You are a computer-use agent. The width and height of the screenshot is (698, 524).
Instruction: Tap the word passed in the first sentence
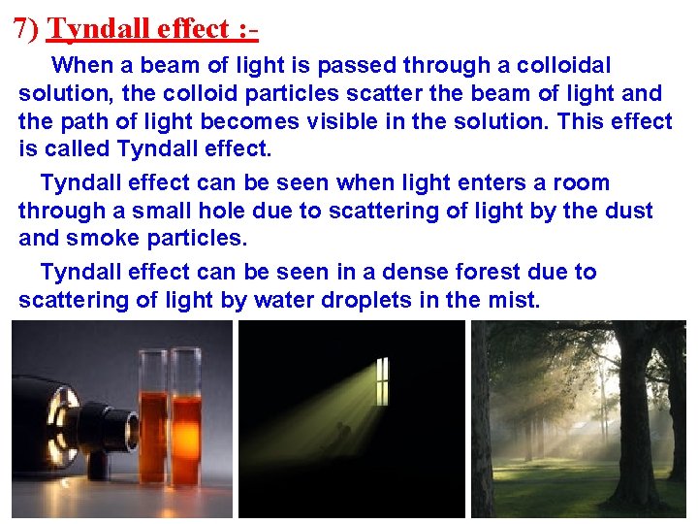tap(363, 65)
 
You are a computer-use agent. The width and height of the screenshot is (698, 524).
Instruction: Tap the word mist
tap(512, 300)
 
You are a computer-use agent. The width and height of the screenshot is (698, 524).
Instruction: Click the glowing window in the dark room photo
tap(382, 379)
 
